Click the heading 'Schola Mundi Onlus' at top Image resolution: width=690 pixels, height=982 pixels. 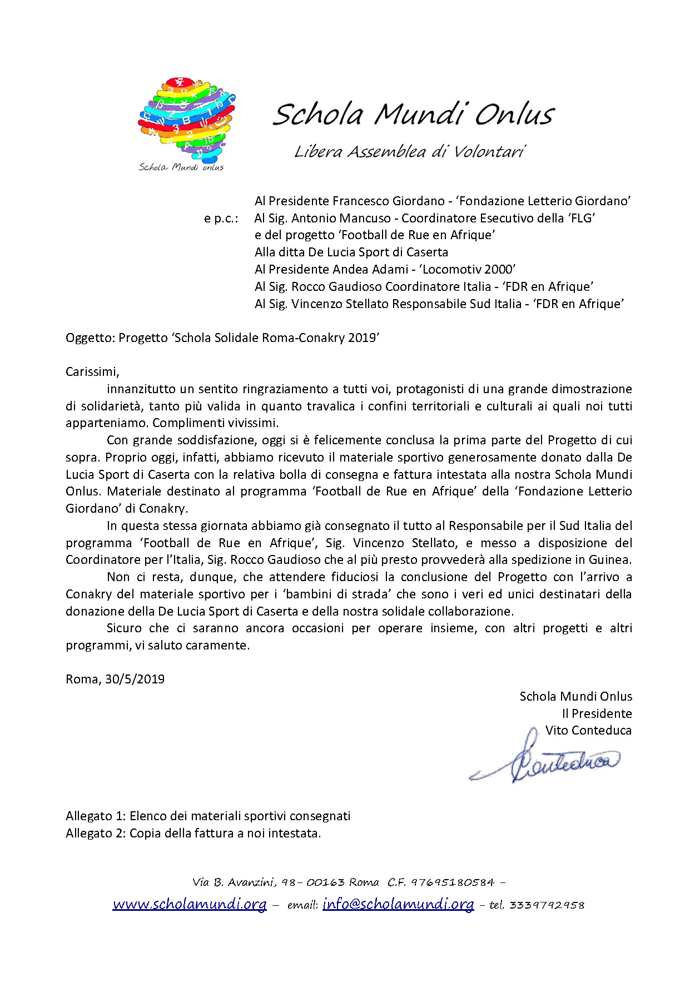point(413,114)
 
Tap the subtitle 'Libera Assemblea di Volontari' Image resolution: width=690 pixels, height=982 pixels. point(409,152)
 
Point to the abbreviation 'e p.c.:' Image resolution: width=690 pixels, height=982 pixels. point(221,219)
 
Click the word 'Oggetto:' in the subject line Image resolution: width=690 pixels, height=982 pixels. point(90,338)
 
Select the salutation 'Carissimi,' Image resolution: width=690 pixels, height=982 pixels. point(92,372)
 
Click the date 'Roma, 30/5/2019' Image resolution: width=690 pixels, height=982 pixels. point(115,680)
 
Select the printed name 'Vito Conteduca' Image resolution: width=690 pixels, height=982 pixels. point(588,731)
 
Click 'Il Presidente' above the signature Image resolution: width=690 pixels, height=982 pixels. point(597,713)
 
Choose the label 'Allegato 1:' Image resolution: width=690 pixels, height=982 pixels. point(96,816)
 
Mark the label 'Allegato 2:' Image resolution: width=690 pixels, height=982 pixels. point(96,834)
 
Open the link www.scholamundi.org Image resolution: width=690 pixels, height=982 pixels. point(189,904)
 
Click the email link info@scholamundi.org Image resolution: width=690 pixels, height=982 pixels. point(398,904)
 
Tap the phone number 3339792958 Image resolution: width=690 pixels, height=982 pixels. point(547,905)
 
